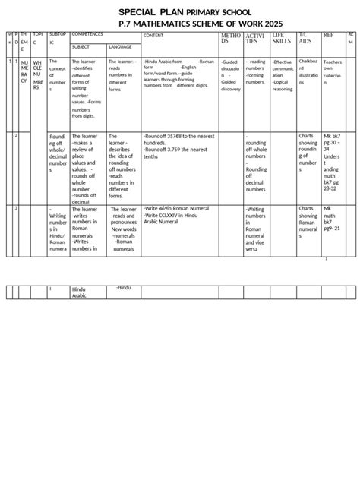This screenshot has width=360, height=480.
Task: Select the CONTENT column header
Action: (x=153, y=36)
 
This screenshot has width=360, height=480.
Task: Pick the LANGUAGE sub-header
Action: (x=120, y=46)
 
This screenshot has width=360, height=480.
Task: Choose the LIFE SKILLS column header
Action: (x=281, y=39)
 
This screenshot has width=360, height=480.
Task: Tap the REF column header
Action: (x=328, y=36)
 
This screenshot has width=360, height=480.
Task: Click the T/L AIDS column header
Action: (x=306, y=39)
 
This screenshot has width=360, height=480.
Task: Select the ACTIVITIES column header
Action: (x=255, y=39)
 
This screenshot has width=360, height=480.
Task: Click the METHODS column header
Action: (x=230, y=39)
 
